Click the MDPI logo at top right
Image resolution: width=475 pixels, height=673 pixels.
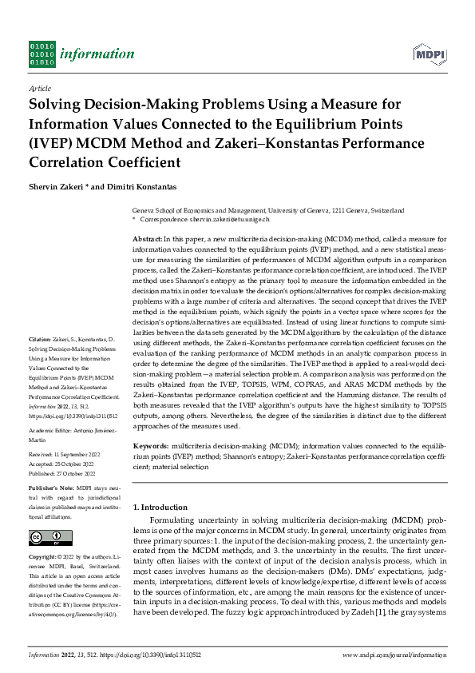[x=429, y=54]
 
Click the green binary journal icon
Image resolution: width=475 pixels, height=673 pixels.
[x=42, y=54]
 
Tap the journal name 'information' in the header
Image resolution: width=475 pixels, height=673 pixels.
[x=100, y=54]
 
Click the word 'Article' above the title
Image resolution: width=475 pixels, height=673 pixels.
[x=39, y=90]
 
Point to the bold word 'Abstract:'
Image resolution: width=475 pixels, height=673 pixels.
[x=147, y=239]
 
